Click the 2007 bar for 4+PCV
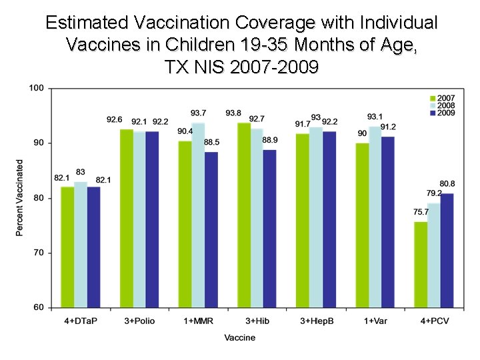pyautogui.click(x=421, y=264)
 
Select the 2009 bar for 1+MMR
pyautogui.click(x=211, y=229)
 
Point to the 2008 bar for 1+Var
pyautogui.click(x=374, y=217)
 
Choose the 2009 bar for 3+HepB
pyautogui.click(x=329, y=219)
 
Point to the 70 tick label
pyautogui.click(x=39, y=253)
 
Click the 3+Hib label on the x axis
pyautogui.click(x=257, y=321)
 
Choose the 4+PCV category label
pyautogui.click(x=433, y=321)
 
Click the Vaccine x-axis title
pyautogui.click(x=239, y=337)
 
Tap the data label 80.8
pyautogui.click(x=447, y=184)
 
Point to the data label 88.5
pyautogui.click(x=211, y=142)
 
